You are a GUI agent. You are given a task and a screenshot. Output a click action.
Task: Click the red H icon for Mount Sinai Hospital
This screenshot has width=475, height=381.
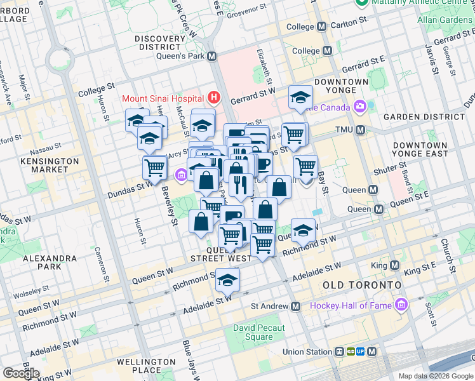click(214, 98)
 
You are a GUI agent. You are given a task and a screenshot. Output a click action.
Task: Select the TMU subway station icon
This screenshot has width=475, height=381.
click(360, 130)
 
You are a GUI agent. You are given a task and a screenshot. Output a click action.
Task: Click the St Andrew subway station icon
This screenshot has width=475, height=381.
click(295, 306)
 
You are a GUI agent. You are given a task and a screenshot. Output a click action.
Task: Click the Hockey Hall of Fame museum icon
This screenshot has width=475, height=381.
click(401, 306)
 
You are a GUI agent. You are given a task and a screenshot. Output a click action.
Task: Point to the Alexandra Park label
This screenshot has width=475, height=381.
click(49, 264)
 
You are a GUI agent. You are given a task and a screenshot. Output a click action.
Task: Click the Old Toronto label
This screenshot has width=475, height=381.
click(362, 285)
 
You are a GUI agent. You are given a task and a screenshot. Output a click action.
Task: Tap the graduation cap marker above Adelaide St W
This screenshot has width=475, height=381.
click(227, 279)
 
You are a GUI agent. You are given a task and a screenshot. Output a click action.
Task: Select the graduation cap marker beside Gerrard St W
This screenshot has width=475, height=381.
click(300, 97)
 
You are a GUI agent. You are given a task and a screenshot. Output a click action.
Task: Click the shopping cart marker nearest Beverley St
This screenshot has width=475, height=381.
click(154, 168)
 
